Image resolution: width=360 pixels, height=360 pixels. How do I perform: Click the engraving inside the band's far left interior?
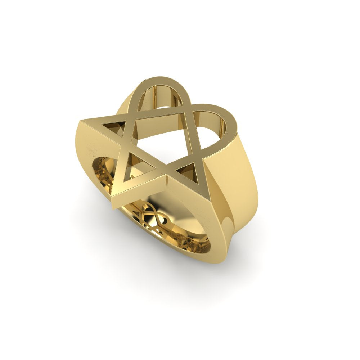point(103,176)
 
